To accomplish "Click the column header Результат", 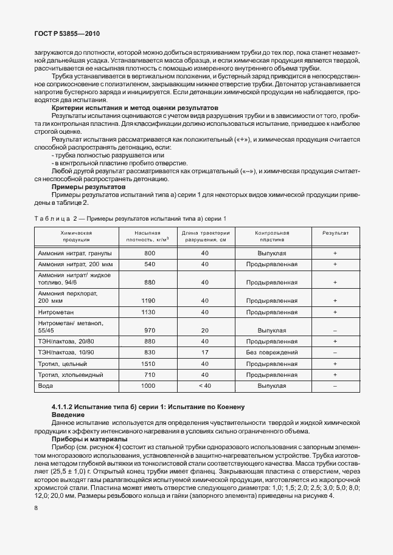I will [335, 233].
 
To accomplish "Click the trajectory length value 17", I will [205, 352].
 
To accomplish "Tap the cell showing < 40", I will [205, 386].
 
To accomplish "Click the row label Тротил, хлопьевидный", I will [71, 374].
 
